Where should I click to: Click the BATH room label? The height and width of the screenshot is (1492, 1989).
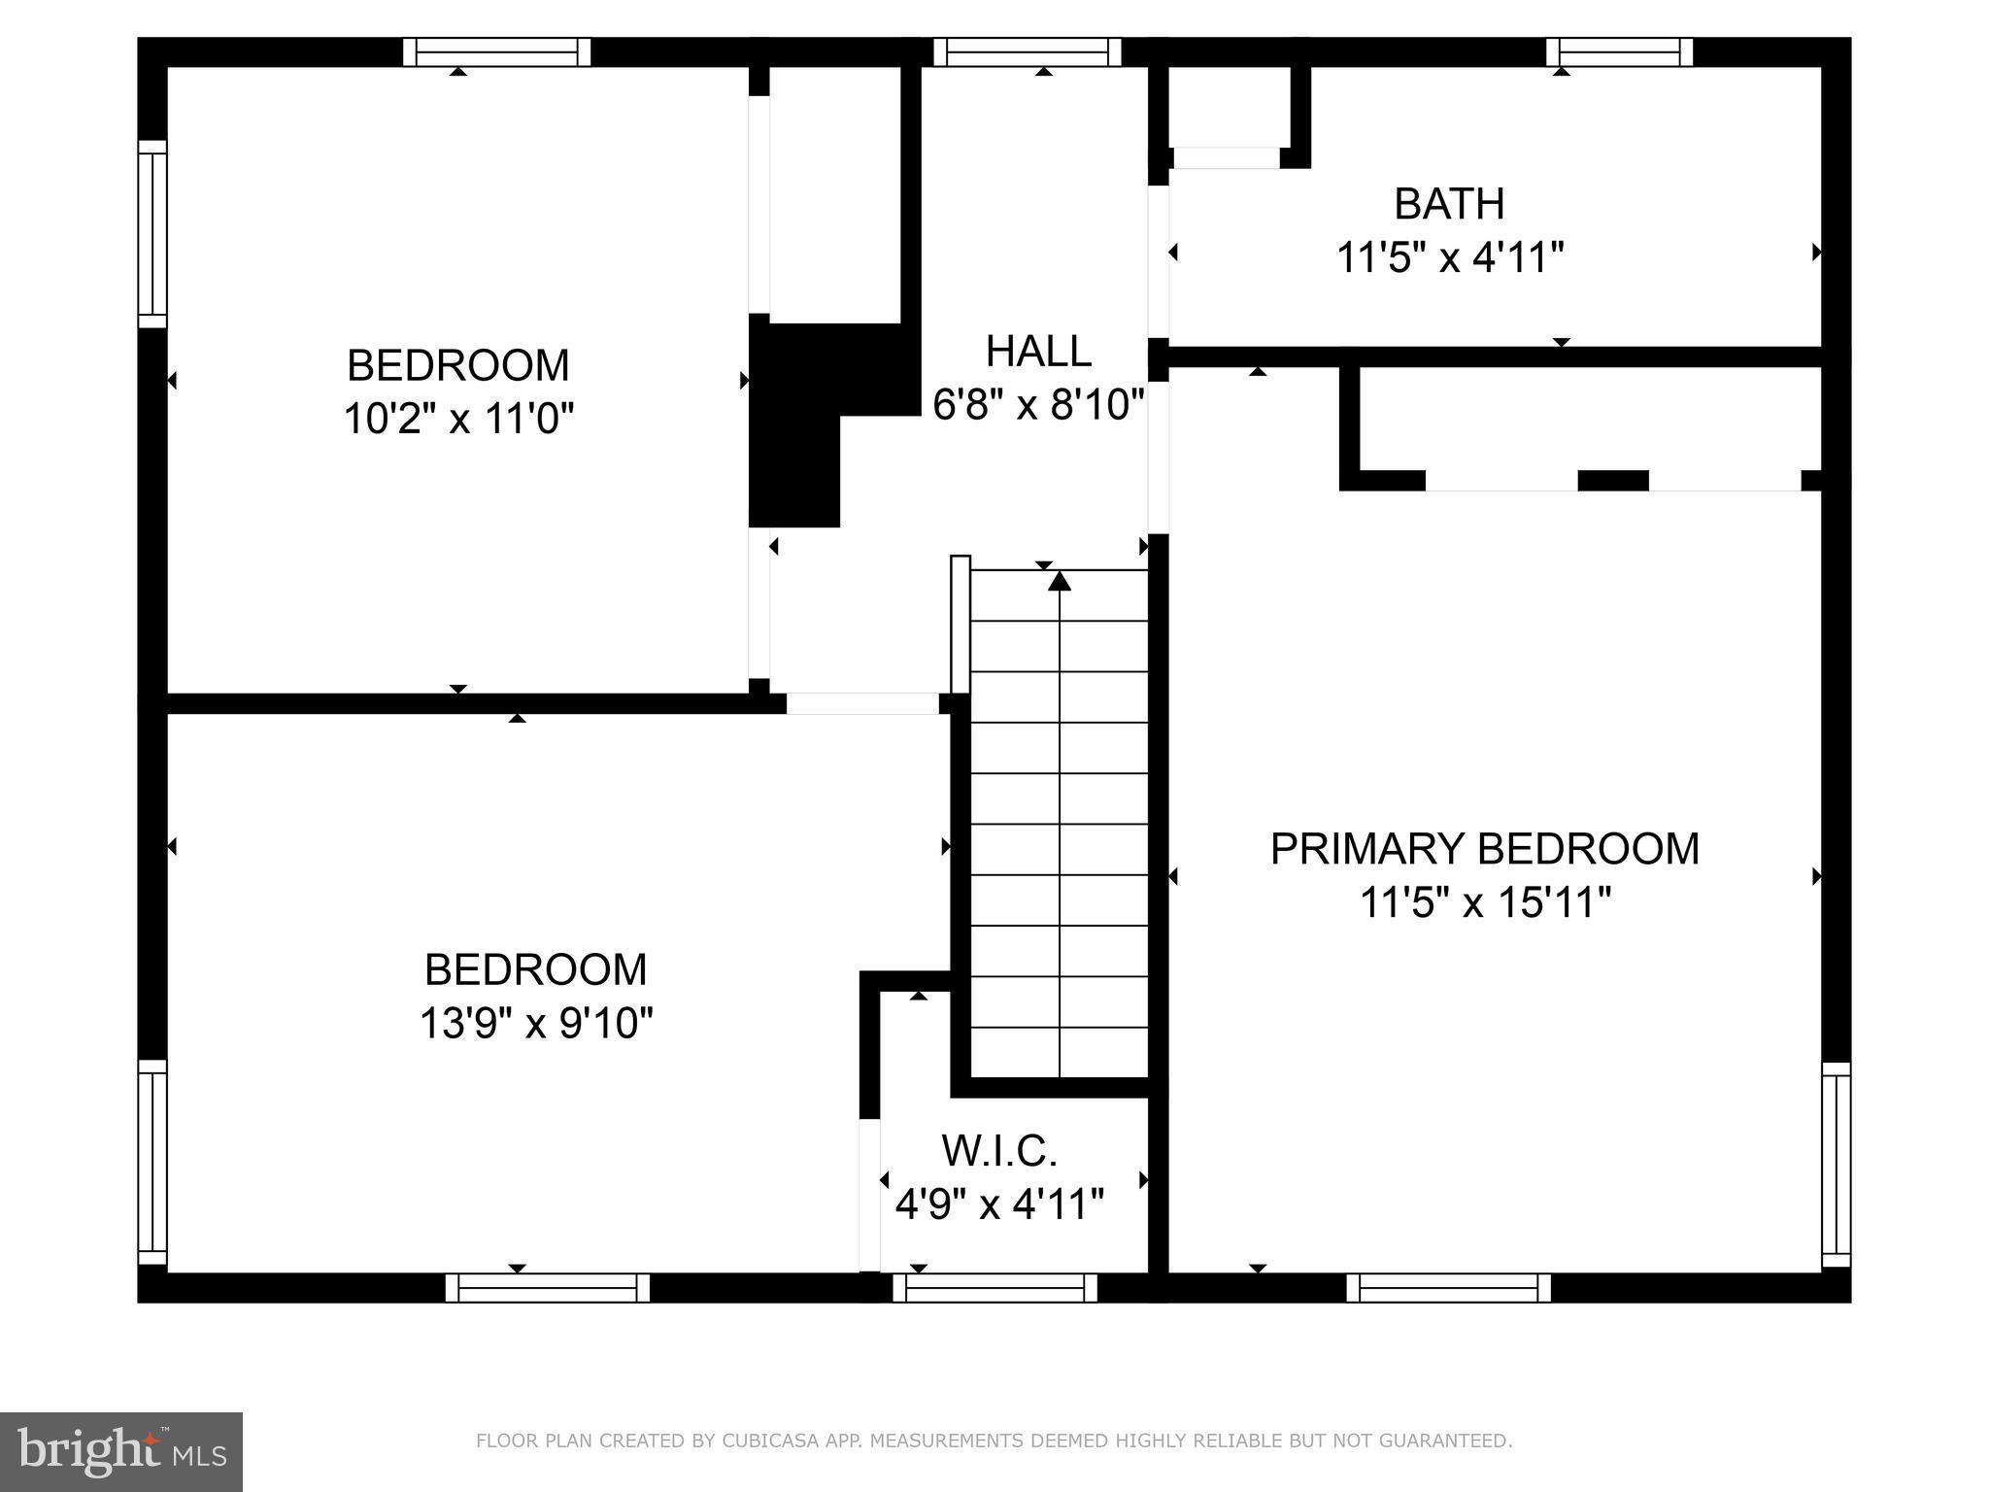point(1449,204)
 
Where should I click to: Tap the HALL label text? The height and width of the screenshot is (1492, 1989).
point(1038,351)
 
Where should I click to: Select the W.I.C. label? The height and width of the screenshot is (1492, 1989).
point(999,1151)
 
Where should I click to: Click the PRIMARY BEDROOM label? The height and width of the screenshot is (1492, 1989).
point(1484,849)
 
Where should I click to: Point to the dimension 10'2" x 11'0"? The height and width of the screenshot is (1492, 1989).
point(458,420)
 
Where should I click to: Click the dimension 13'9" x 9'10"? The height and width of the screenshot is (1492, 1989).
point(535,1024)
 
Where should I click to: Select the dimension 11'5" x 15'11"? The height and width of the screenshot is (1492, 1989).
point(1485,903)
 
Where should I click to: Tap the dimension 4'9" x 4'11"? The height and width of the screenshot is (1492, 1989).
point(999,1205)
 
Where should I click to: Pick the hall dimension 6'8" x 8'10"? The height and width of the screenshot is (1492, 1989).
point(1038,404)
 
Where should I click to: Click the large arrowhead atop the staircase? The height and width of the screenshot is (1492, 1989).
point(1060,581)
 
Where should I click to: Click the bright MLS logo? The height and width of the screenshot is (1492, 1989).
point(121,1451)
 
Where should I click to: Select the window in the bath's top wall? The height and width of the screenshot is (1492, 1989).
point(1619,52)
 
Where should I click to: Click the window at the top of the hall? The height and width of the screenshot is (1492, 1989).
point(1028,52)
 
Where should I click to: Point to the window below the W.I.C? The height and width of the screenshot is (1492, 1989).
point(994,1288)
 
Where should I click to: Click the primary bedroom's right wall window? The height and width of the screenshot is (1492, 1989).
point(1836,1164)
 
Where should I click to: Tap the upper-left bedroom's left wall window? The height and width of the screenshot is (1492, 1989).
point(152,234)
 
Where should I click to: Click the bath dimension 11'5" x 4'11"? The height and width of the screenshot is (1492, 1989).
point(1449,258)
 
